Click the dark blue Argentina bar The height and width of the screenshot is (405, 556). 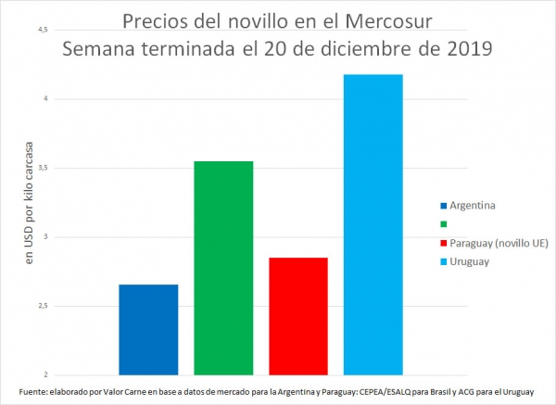coord(148,329)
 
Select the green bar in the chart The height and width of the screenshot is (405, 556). coord(223,268)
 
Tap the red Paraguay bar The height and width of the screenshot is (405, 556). coord(297,316)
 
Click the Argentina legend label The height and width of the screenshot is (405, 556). coord(473,204)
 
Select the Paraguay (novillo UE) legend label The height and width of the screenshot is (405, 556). coord(496,243)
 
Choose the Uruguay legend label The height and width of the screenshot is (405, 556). coord(470,262)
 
